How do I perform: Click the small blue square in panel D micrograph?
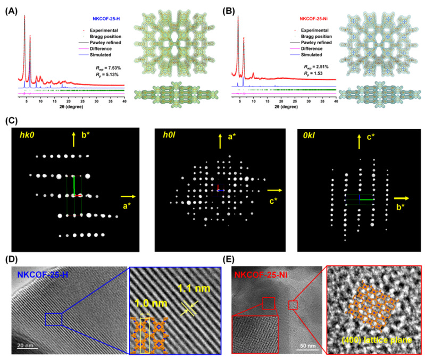click(x=54, y=319)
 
